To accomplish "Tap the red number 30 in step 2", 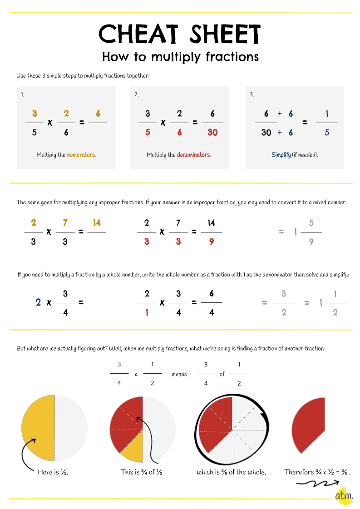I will point(212,133).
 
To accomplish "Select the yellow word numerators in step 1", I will point(81,155).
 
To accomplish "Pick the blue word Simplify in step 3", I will point(281,155).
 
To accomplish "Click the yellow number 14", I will point(96,222).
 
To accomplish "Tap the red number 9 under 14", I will point(212,242).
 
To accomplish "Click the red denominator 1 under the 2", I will point(147,312).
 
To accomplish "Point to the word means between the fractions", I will point(179,375).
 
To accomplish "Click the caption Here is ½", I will point(53,472).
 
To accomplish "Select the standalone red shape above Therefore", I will point(310,425).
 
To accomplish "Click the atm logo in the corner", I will point(344,496).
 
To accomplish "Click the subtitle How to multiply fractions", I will point(180,57).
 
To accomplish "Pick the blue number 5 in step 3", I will point(327,133).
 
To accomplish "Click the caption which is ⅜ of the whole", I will point(232,472).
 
